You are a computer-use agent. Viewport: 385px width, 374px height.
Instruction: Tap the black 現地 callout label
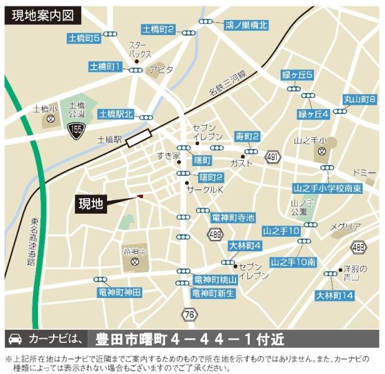91,203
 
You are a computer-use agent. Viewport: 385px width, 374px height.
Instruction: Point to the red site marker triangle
140,197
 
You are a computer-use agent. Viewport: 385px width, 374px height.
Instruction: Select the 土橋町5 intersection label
84,38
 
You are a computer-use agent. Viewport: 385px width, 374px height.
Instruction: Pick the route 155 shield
75,129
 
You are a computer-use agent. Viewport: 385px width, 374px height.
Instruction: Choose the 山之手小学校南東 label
326,188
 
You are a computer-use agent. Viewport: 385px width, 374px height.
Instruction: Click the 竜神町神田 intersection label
120,292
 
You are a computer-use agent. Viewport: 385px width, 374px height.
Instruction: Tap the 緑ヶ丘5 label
297,75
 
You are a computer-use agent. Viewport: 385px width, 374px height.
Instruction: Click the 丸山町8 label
360,99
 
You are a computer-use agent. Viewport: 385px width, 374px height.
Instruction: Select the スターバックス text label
139,49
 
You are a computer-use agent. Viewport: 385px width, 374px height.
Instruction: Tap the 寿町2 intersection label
247,137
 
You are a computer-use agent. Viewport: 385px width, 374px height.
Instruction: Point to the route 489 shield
215,233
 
